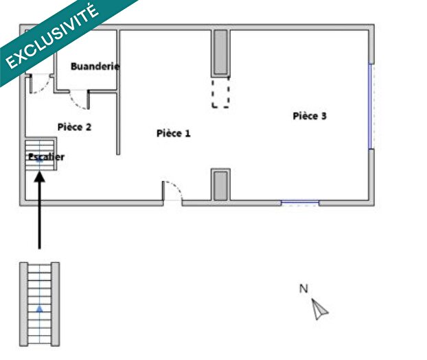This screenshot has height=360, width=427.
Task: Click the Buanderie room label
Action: [x=95, y=67]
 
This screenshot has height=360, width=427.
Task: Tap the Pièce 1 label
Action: [x=173, y=134]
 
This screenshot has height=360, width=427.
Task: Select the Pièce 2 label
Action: [x=74, y=127]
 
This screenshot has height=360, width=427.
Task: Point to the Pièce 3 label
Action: [x=310, y=116]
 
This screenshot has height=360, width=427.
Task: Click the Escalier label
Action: [x=46, y=157]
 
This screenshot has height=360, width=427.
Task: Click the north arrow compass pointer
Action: [x=319, y=310]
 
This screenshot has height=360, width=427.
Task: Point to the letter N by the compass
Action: [x=303, y=289]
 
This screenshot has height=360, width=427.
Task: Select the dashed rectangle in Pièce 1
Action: [x=220, y=92]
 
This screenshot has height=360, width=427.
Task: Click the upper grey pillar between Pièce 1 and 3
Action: [x=220, y=53]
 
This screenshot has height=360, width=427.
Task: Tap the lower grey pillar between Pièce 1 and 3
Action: [x=220, y=185]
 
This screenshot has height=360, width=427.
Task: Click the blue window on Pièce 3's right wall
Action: [x=371, y=106]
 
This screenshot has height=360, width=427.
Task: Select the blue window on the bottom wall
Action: [x=300, y=202]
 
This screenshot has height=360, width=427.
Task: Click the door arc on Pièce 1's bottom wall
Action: [x=173, y=190]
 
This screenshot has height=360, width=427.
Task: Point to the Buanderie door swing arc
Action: [x=79, y=101]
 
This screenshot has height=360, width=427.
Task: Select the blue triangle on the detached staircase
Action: [x=40, y=309]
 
